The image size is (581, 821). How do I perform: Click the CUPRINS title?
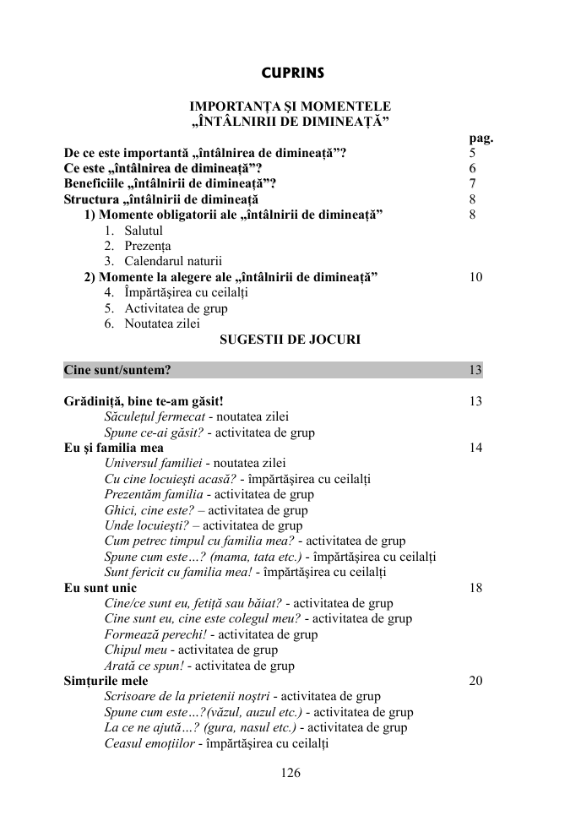pyautogui.click(x=292, y=73)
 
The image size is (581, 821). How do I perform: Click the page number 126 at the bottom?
pyautogui.click(x=290, y=772)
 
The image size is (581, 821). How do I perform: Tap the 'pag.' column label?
pyautogui.click(x=481, y=139)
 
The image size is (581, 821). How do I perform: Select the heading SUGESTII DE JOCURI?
pyautogui.click(x=290, y=340)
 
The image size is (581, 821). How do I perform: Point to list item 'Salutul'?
pyautogui.click(x=144, y=231)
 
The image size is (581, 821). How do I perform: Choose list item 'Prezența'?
pyautogui.click(x=148, y=246)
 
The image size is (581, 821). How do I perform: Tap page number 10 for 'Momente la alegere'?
pyautogui.click(x=475, y=277)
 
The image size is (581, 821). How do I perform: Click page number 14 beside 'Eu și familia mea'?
pyautogui.click(x=475, y=448)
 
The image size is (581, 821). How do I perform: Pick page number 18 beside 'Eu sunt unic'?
pyautogui.click(x=475, y=588)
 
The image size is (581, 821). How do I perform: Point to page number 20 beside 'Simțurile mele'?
pyautogui.click(x=475, y=681)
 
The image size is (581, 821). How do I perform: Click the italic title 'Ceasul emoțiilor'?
pyautogui.click(x=149, y=743)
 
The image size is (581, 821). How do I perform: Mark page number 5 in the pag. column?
pyautogui.click(x=472, y=154)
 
